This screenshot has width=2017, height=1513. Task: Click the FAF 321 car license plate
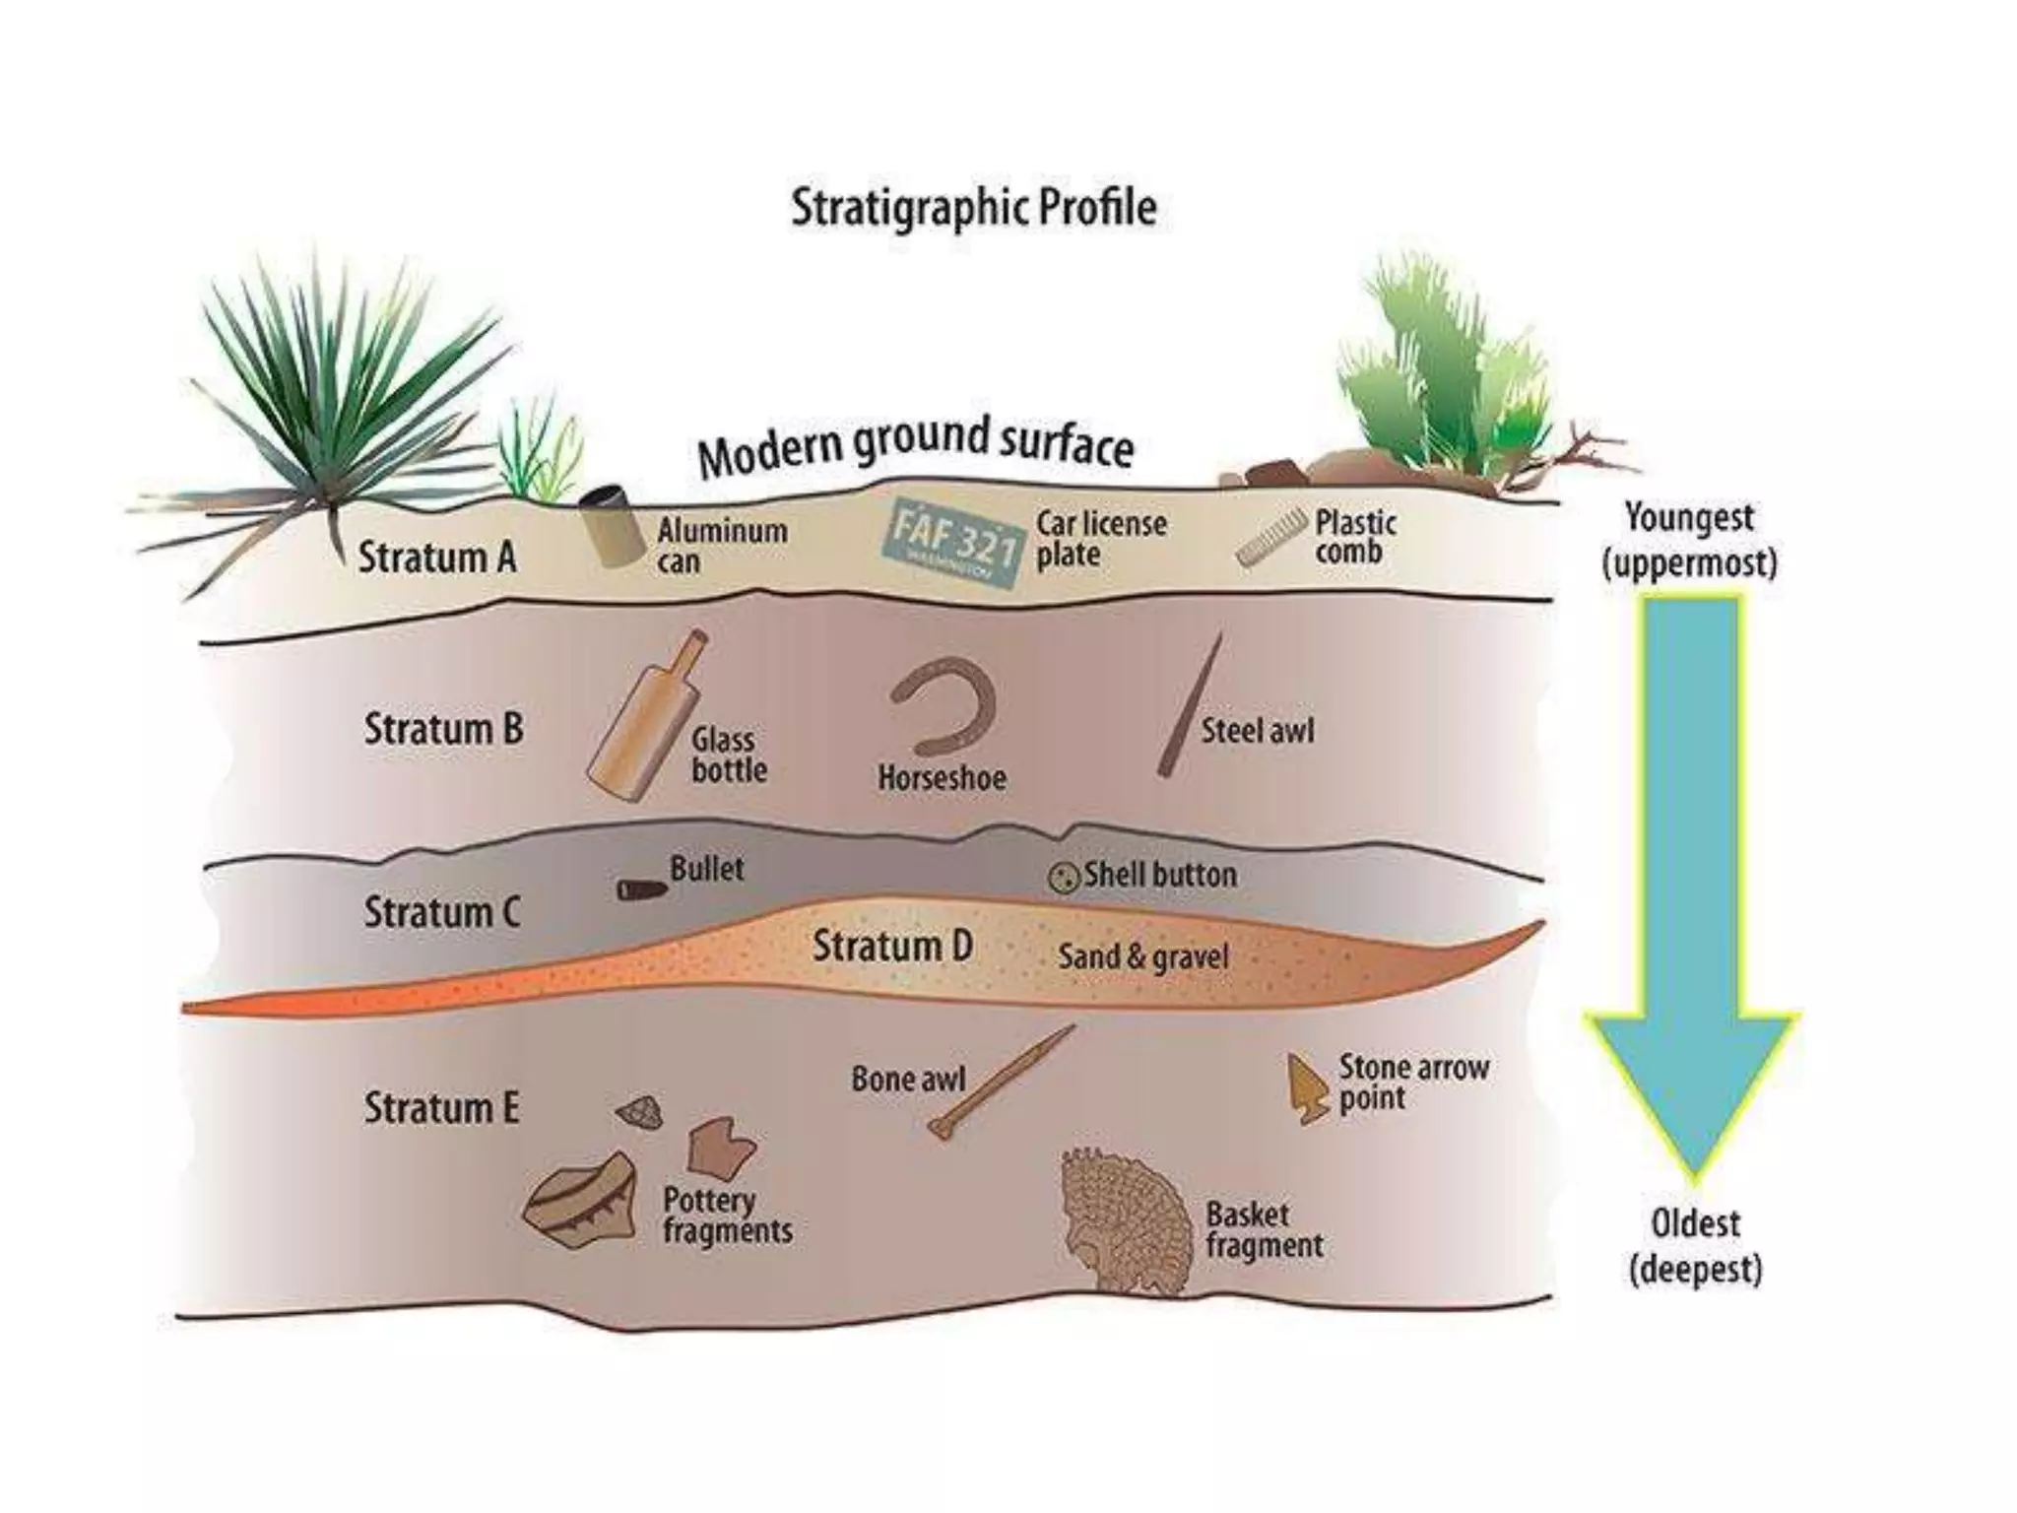pyautogui.click(x=953, y=544)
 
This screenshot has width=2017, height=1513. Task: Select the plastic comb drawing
pyautogui.click(x=1271, y=538)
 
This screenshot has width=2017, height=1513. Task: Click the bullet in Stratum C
pyautogui.click(x=641, y=889)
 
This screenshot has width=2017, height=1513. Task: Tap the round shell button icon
pyautogui.click(x=1062, y=877)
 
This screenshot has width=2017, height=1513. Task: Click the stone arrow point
pyautogui.click(x=1308, y=1088)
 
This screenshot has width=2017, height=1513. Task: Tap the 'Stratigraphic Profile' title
pyautogui.click(x=973, y=208)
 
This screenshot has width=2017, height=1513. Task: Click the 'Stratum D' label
pyautogui.click(x=892, y=946)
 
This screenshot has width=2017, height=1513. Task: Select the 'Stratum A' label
pyautogui.click(x=436, y=558)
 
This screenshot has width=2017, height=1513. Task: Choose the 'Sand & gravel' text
pyautogui.click(x=1142, y=956)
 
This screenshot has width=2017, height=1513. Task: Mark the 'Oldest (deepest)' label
pyautogui.click(x=1694, y=1246)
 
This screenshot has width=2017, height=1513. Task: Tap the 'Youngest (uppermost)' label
pyautogui.click(x=1689, y=540)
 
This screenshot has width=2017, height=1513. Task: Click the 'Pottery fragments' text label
pyautogui.click(x=727, y=1216)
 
